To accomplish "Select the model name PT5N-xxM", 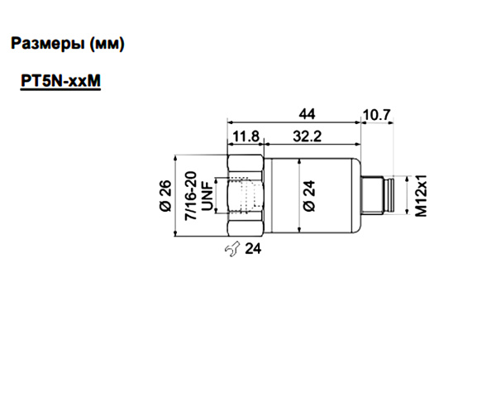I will (57, 83).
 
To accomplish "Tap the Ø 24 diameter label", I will (309, 195).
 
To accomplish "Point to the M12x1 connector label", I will (420, 195).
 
